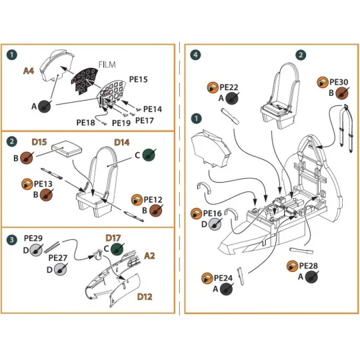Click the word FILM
pos(108,65)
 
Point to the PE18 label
pos(86,122)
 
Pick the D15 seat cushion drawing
pos(65,150)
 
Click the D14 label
pos(121,142)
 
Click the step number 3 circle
pos(12,239)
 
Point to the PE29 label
pos(33,238)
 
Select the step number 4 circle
pos(195,55)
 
